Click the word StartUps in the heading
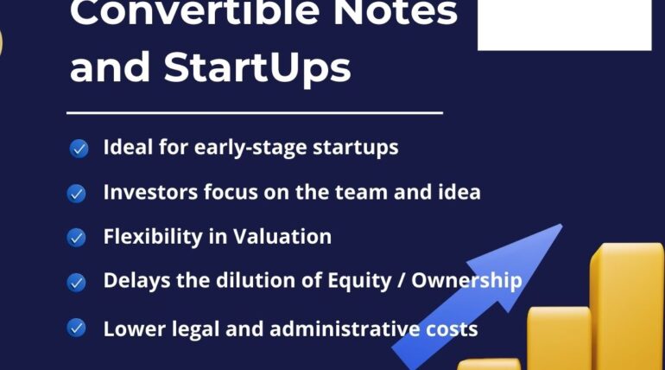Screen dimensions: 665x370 [257, 68]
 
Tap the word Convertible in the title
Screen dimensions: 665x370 [194, 13]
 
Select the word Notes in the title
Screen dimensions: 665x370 [396, 13]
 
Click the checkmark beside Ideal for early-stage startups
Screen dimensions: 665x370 [79, 149]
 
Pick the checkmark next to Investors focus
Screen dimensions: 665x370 [76, 194]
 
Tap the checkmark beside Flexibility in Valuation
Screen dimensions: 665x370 [76, 238]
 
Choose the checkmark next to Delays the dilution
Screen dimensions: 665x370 [76, 283]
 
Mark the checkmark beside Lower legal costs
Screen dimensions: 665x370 [76, 328]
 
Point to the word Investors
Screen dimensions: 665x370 [150, 192]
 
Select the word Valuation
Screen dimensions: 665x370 [282, 236]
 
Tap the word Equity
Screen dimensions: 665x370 [359, 281]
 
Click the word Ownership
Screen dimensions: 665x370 [466, 281]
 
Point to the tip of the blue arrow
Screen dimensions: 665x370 [562, 225]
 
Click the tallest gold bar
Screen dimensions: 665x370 [628, 306]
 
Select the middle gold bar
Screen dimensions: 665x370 [559, 338]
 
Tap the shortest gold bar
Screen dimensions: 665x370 [490, 364]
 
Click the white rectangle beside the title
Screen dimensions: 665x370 [565, 25]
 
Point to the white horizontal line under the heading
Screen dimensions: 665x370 [255, 113]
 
